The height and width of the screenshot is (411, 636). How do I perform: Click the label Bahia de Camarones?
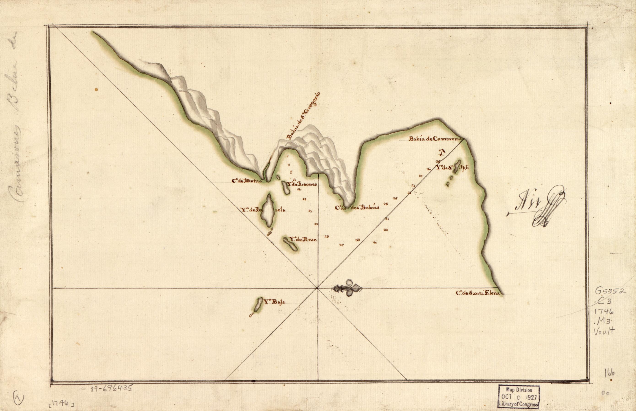pyautogui.click(x=436, y=139)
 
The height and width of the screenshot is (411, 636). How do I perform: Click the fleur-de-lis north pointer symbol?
pyautogui.click(x=348, y=288)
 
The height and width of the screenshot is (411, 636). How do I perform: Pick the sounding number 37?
pyautogui.click(x=341, y=245)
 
